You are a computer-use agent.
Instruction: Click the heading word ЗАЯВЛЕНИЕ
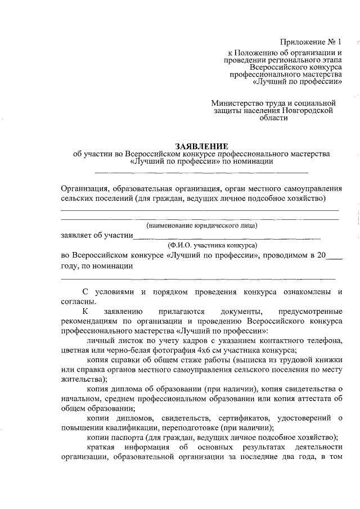202,145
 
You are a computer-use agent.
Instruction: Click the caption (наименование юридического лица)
201,226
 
